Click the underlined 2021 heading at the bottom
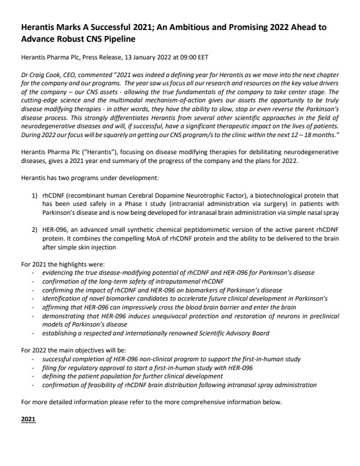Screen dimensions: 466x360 click(28, 420)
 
